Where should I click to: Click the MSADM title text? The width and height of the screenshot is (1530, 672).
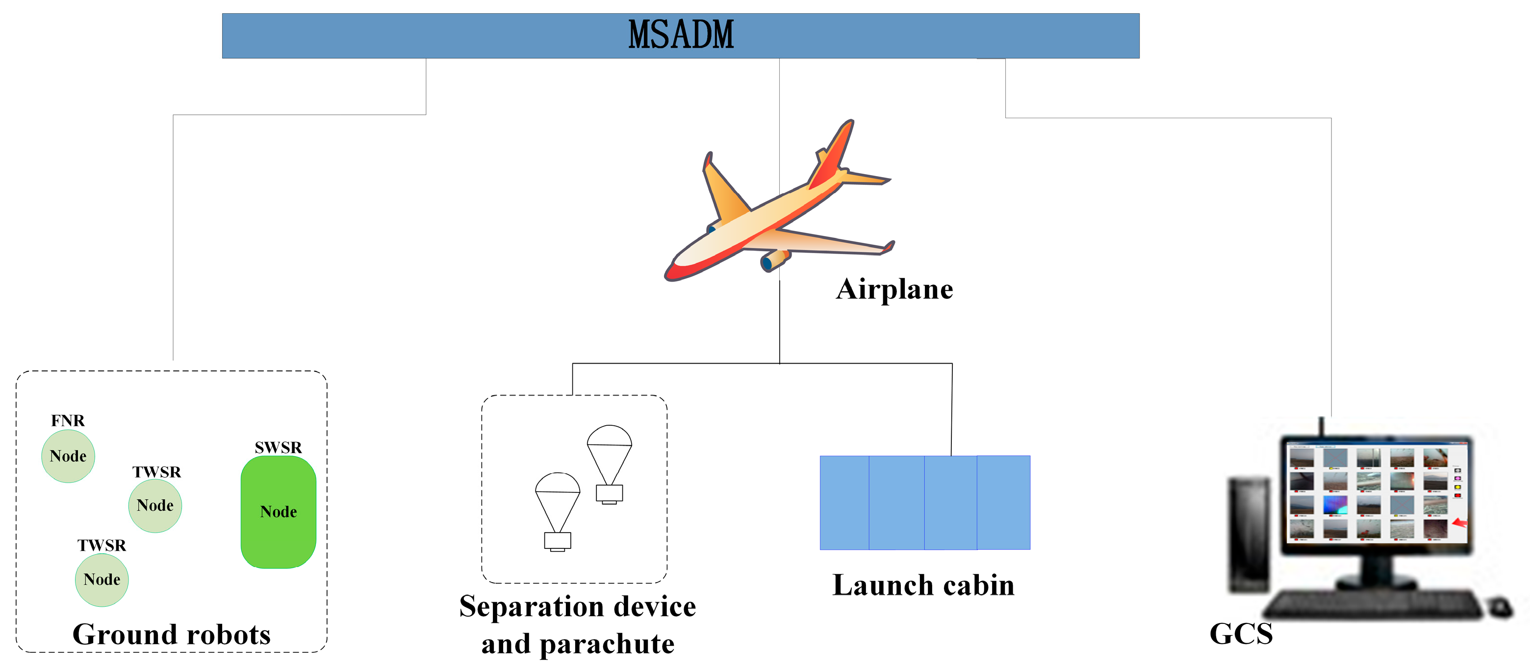click(x=681, y=35)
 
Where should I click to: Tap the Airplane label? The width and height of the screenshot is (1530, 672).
click(x=894, y=289)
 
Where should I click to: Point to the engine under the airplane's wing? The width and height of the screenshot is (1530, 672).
click(x=774, y=260)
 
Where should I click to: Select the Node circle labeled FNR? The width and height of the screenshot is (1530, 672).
click(x=68, y=456)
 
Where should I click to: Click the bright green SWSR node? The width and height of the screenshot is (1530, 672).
click(x=278, y=512)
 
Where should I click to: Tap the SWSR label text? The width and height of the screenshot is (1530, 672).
click(x=278, y=447)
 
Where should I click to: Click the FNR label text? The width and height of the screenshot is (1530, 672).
click(x=68, y=421)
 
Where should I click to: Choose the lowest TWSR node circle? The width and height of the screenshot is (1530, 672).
click(x=102, y=580)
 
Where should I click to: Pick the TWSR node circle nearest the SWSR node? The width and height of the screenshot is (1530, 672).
click(x=155, y=506)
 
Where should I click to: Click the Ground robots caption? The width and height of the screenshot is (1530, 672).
click(x=171, y=635)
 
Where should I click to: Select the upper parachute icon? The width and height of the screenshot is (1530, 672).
click(x=610, y=464)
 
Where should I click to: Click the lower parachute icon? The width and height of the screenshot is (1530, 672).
click(x=557, y=511)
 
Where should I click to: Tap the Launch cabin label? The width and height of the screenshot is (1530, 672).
click(x=923, y=585)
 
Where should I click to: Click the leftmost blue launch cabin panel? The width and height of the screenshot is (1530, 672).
click(x=844, y=503)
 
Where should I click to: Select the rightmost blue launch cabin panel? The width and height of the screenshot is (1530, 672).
click(x=1003, y=503)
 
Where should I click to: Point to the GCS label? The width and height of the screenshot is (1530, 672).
click(x=1241, y=634)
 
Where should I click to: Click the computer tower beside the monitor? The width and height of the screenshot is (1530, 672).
click(x=1249, y=535)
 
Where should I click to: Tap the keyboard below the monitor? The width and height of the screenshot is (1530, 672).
click(x=1372, y=605)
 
